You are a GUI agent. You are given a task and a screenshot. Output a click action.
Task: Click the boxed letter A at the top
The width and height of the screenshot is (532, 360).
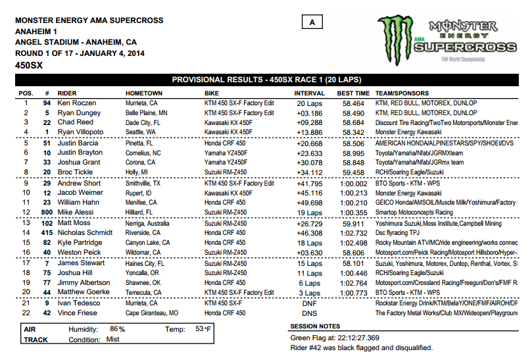point(312,22)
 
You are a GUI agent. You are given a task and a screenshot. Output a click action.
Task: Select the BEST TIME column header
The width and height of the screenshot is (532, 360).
point(353,93)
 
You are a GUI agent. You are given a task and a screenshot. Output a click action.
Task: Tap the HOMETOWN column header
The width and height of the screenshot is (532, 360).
point(144,93)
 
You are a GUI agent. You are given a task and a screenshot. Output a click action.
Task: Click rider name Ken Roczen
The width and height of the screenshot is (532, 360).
point(77,103)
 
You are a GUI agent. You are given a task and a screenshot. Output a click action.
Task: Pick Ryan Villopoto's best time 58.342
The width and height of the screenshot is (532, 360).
point(354,132)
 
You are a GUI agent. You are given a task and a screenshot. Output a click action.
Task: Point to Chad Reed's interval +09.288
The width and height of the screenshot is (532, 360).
point(309,122)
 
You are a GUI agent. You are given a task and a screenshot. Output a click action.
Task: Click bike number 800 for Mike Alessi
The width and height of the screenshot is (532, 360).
point(47,213)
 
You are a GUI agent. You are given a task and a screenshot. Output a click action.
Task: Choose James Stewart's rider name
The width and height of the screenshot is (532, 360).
point(80,263)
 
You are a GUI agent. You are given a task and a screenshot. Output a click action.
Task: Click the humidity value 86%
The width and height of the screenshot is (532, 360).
point(118,328)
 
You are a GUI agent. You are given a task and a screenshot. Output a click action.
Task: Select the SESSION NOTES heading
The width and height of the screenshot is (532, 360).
point(315,326)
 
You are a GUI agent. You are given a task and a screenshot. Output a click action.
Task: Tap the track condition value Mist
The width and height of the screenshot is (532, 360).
point(112,340)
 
